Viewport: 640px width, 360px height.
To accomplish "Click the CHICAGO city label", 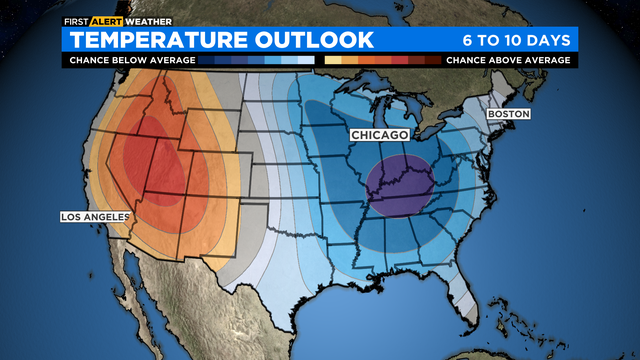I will (378, 134).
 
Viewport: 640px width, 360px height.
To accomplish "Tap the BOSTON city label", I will (508, 114).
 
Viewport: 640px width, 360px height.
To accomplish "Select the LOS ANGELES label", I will (95, 216).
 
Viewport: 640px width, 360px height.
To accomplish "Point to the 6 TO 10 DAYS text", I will (516, 40).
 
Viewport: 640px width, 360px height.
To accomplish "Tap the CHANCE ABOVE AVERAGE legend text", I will (508, 60).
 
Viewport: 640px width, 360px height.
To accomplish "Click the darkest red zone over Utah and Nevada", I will (150, 165).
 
